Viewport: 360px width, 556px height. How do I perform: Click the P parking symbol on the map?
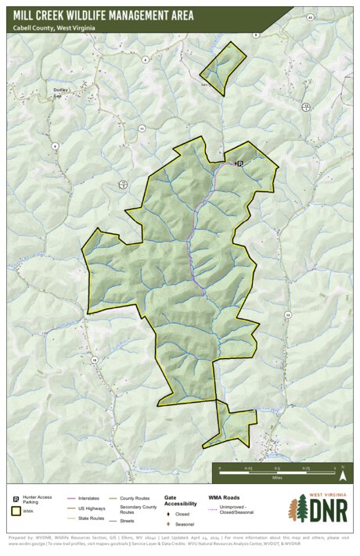click(x=239, y=163)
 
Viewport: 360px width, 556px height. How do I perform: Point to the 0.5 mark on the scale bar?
click(x=277, y=468)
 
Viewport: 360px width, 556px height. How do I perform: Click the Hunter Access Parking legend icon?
click(x=15, y=498)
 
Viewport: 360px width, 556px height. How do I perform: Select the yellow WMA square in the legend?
click(x=15, y=511)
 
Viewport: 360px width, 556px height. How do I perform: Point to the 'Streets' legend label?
click(x=128, y=520)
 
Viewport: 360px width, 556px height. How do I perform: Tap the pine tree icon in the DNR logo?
click(x=297, y=509)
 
